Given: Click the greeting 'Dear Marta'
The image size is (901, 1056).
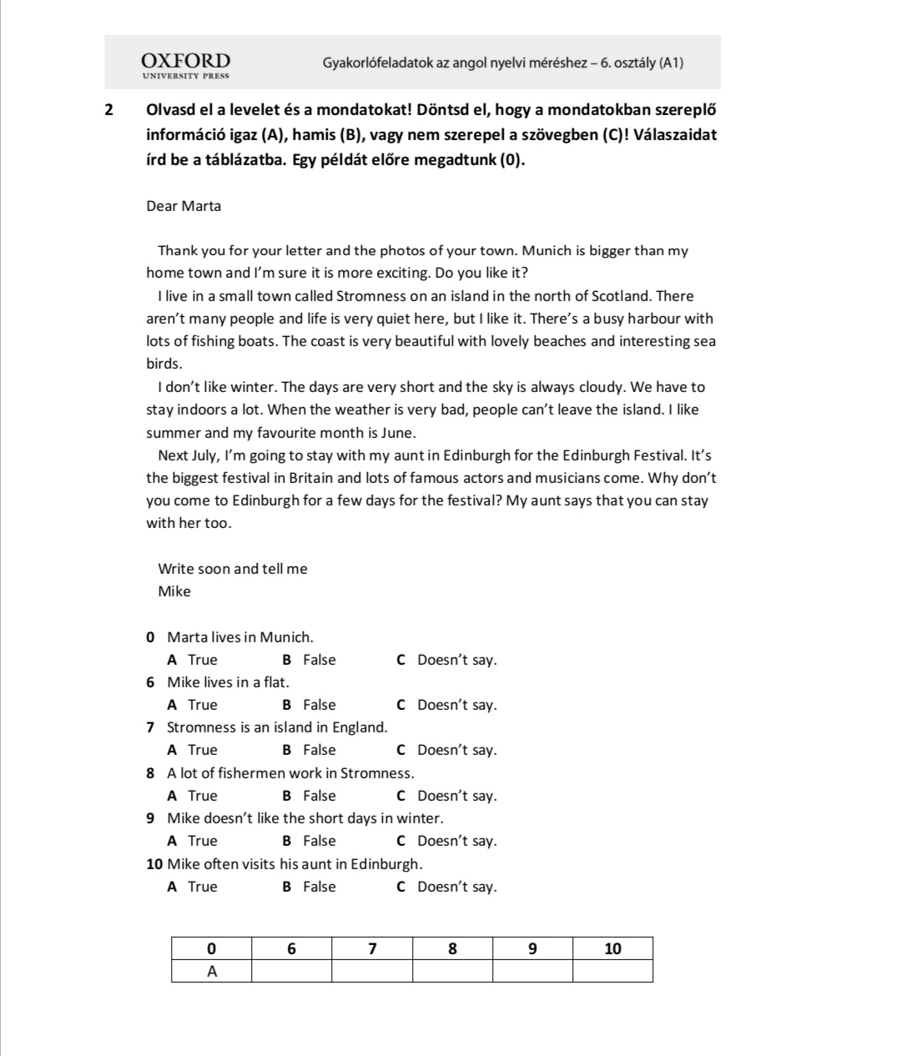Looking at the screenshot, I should pos(184,206).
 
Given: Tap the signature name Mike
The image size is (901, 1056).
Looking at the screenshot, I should pos(174,591).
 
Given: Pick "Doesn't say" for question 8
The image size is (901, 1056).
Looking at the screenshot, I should pos(447,796).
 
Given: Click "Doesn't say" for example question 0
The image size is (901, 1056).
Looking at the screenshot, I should pos(447,660).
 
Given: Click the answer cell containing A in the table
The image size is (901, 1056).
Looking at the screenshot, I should pos(211,971).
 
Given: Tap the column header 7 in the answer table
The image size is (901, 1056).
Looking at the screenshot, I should pos(372,948).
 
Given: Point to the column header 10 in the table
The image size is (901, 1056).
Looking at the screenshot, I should pos(612,948).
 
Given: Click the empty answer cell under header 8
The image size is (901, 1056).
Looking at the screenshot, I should pos(452,971).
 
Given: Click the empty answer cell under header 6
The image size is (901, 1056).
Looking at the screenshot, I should pos(291,971).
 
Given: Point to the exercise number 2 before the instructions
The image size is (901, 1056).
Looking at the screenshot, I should pos(110,110).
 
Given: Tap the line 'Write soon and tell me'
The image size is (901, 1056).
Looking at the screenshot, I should pos(233,569).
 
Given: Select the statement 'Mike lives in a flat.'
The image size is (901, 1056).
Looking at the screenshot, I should pos(228,682).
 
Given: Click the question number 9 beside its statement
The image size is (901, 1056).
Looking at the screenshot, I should pos(150,818).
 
